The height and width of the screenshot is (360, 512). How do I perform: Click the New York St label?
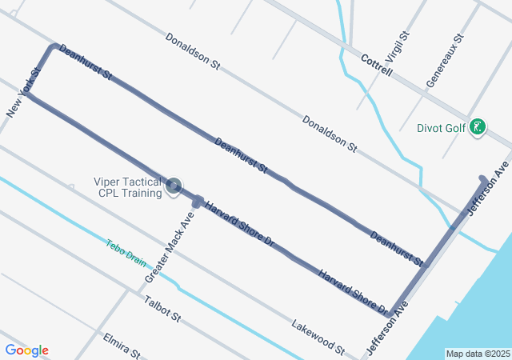pos(23,93)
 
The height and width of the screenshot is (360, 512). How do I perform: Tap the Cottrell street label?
pos(377,66)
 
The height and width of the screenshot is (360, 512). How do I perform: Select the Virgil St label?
pos(397,48)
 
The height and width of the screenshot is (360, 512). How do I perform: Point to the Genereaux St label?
pos(445,61)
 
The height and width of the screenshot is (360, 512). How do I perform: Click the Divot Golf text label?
pos(441,127)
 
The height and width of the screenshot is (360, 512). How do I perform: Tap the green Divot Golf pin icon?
pos(478,126)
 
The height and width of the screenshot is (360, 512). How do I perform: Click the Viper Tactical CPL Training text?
pos(127,187)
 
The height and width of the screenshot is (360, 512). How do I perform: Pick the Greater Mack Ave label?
pos(170,247)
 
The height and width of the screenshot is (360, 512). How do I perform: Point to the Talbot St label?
pos(163,309)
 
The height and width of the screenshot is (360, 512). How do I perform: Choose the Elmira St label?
pos(122,346)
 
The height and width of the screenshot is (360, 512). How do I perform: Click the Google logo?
pos(26,350)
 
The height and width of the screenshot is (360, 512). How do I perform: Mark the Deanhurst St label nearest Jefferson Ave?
pos(396,248)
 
